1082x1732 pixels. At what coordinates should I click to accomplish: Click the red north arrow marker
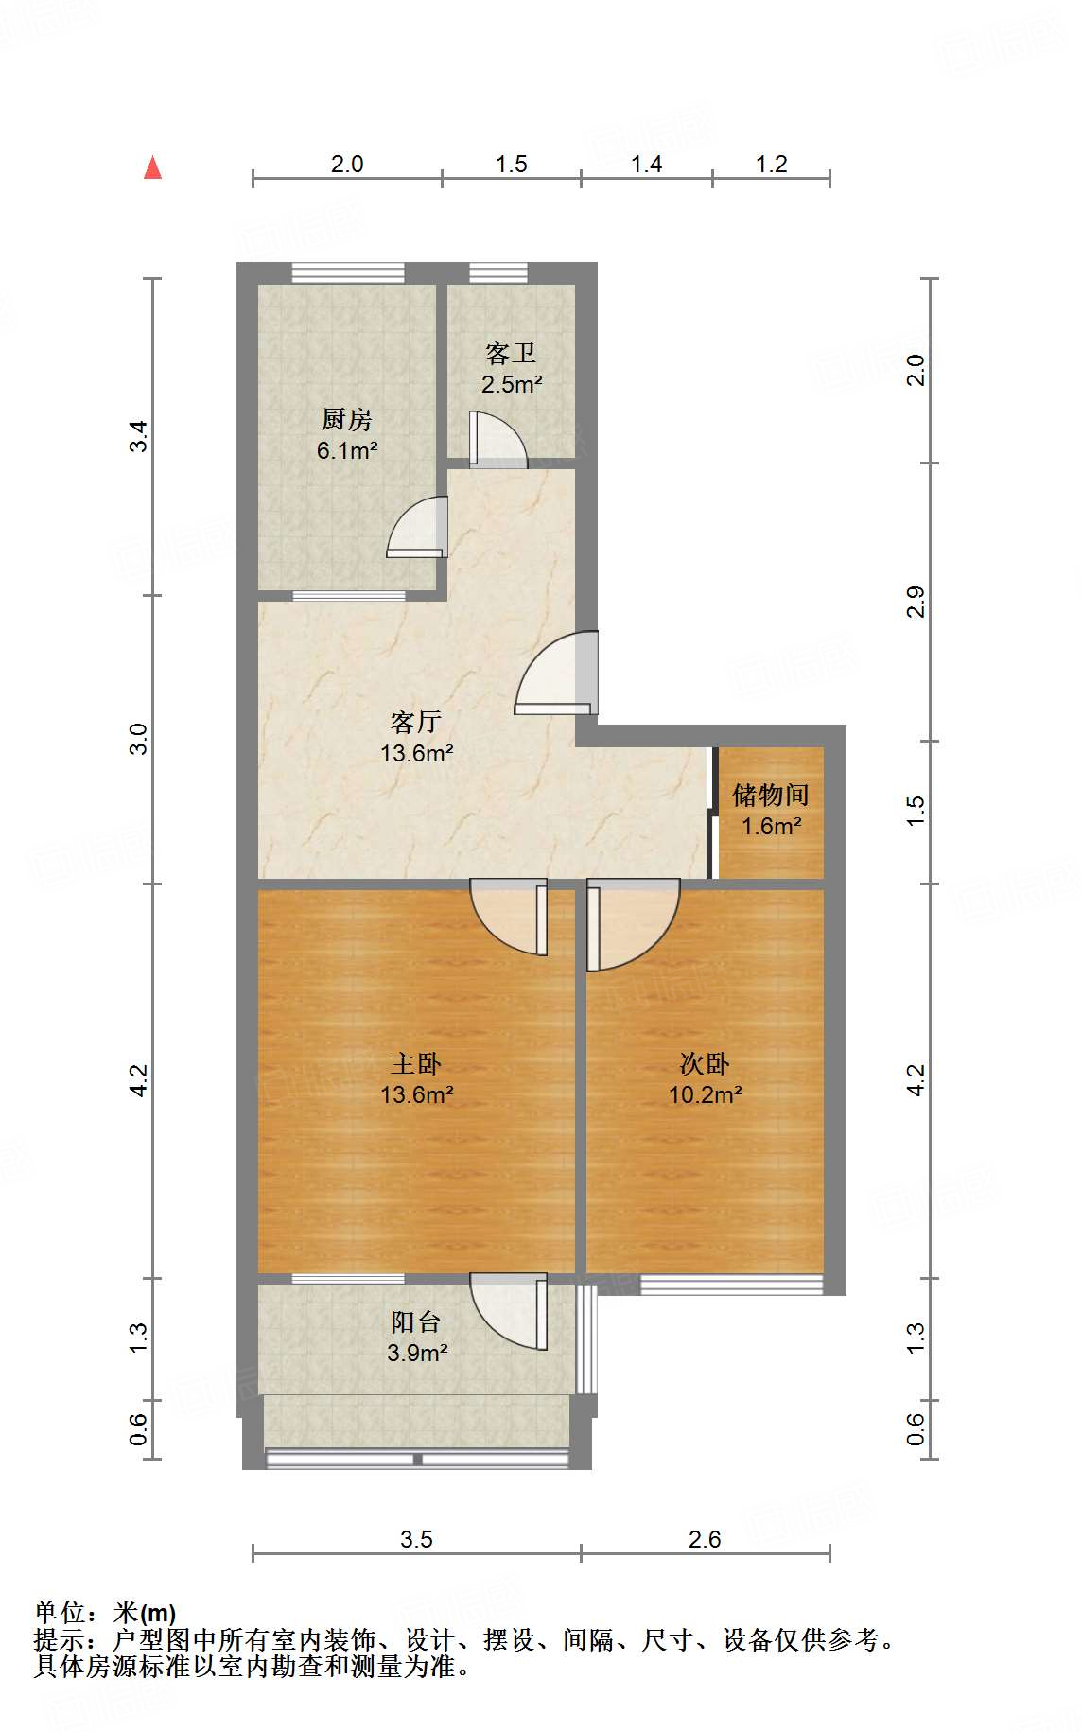pos(152,167)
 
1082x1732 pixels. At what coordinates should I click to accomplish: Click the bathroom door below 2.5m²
pos(497,440)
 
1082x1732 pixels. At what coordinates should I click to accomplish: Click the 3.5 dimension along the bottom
pos(416,1539)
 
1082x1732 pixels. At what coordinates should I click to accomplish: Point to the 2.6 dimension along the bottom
pos(705,1539)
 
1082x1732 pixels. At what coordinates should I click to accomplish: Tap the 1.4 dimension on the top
pos(646,165)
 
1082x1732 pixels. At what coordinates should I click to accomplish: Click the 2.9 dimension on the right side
pos(916,603)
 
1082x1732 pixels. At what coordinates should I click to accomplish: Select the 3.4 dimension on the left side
pos(139,436)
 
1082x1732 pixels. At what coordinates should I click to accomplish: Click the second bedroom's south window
pos(730,1284)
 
